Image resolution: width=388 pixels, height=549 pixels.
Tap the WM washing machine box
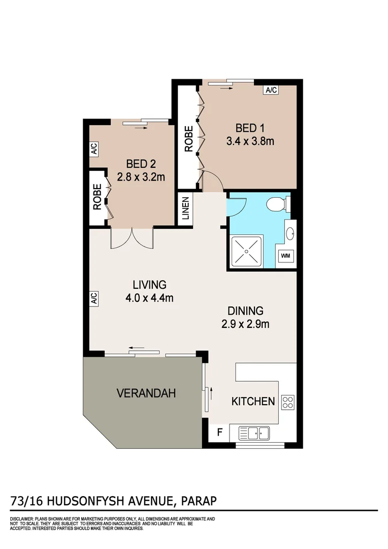pyautogui.click(x=286, y=256)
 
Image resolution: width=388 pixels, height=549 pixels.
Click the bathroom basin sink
pyautogui.click(x=290, y=234)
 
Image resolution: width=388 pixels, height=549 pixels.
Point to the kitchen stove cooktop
pyautogui.click(x=288, y=402)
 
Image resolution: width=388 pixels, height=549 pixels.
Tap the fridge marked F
pyautogui.click(x=219, y=433)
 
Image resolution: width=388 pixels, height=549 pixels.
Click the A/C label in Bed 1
pyautogui.click(x=270, y=90)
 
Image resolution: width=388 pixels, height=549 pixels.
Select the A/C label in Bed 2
pyautogui.click(x=94, y=149)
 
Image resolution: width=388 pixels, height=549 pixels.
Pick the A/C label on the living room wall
pyautogui.click(x=94, y=298)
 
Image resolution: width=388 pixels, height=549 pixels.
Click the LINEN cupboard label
pyautogui.click(x=185, y=208)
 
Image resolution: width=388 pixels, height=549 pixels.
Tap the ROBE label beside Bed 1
pyautogui.click(x=188, y=139)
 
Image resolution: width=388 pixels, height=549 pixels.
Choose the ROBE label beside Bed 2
pyautogui.click(x=96, y=197)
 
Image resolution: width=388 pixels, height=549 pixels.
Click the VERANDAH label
pyautogui.click(x=146, y=393)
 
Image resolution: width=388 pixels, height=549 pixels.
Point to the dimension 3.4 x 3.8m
pyautogui.click(x=250, y=141)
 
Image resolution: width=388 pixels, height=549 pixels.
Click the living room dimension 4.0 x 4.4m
pyautogui.click(x=149, y=298)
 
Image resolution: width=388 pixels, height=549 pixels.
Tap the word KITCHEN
pyautogui.click(x=253, y=401)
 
